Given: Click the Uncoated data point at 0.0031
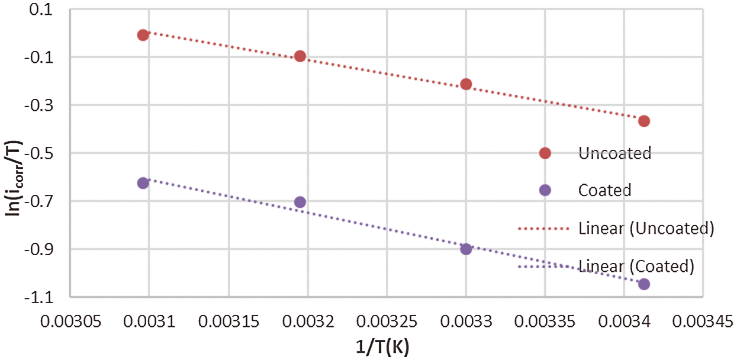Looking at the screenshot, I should click(143, 35).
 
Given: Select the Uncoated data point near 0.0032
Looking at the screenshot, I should click(300, 56).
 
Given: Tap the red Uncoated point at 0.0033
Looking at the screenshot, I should click(466, 84).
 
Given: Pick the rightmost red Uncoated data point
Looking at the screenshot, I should click(644, 121).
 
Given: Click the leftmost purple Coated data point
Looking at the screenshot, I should click(143, 183).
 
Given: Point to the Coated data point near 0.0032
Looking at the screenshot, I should click(300, 202).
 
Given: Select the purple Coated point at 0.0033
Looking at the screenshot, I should click(466, 249).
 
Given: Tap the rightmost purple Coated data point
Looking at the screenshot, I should click(644, 284).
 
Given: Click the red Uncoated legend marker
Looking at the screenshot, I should click(545, 153).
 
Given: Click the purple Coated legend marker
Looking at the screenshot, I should click(545, 190).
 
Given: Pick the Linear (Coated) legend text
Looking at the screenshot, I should click(636, 266).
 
